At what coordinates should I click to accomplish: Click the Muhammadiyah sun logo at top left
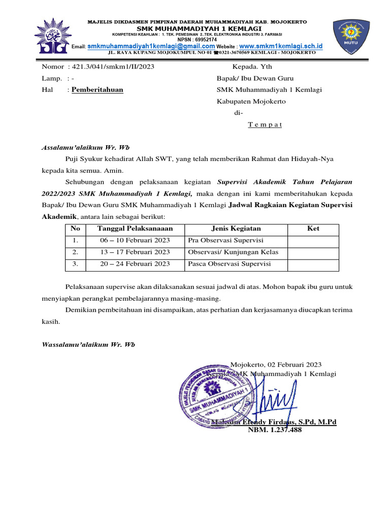pyautogui.click(x=51, y=37)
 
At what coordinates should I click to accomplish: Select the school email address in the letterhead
pyautogui.click(x=151, y=46)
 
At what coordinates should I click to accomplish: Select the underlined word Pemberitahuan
pyautogui.click(x=97, y=90)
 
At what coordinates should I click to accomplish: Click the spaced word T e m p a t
pyautogui.click(x=265, y=125)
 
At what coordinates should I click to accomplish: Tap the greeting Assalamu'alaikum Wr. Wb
pyautogui.click(x=85, y=148)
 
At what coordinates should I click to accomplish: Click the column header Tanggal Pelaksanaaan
pyautogui.click(x=135, y=229)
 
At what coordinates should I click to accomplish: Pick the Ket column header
pyautogui.click(x=313, y=229)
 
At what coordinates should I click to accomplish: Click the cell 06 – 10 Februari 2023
pyautogui.click(x=135, y=240)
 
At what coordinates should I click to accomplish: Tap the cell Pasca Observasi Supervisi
pyautogui.click(x=229, y=264)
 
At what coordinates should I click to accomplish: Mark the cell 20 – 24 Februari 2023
pyautogui.click(x=135, y=264)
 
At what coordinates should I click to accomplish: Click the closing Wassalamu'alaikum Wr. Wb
pyautogui.click(x=88, y=345)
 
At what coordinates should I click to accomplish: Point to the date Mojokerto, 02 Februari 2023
pyautogui.click(x=276, y=364)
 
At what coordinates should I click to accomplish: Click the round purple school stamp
pyautogui.click(x=215, y=396)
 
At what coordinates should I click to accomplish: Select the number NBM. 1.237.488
pyautogui.click(x=274, y=430)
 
